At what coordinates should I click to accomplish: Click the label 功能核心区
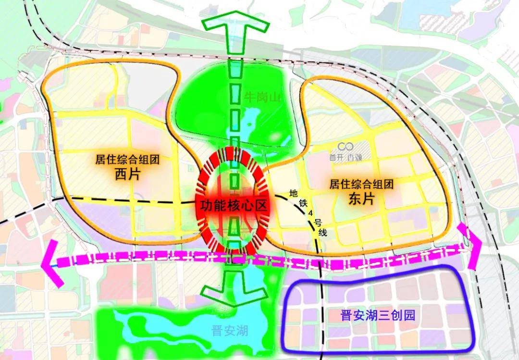(233, 205)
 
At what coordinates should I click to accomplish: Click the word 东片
(361, 198)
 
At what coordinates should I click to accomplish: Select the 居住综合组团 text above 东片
(361, 184)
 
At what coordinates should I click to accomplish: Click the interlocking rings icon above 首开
(346, 146)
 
